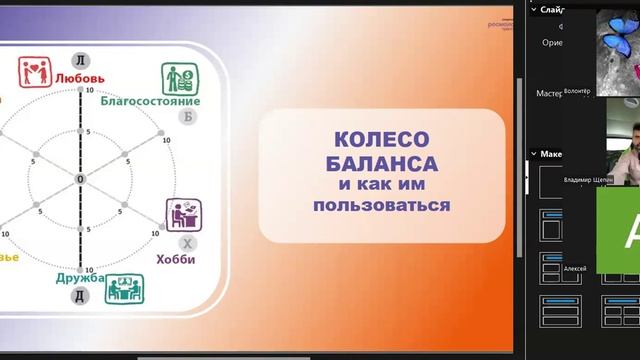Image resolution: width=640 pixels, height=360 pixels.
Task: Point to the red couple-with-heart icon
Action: [x=35, y=73]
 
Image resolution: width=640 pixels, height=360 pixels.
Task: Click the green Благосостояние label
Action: [x=150, y=100]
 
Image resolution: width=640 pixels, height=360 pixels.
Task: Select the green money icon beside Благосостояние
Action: [x=178, y=78]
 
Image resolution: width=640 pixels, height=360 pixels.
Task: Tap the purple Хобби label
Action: [x=176, y=259]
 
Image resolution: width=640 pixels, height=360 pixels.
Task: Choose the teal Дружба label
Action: [x=80, y=278]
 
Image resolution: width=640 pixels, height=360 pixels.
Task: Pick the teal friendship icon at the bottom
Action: [x=125, y=289]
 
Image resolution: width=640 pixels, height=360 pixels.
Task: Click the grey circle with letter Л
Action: [x=81, y=58]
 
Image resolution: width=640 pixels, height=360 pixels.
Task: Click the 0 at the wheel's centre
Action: [x=80, y=179]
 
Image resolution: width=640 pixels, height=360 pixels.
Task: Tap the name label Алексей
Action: [x=575, y=269]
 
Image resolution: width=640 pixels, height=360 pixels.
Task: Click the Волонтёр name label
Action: [x=579, y=91]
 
